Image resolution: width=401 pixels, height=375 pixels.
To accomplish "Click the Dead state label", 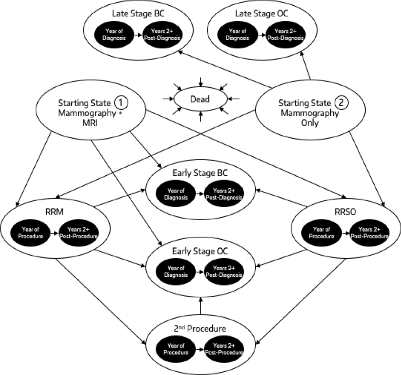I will click(x=200, y=100).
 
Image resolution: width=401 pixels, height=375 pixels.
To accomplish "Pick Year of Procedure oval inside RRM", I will click(x=31, y=234).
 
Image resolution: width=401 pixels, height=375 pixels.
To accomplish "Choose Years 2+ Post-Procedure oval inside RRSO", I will click(x=369, y=234).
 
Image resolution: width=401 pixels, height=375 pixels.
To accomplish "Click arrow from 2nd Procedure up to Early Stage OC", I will click(x=201, y=305).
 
